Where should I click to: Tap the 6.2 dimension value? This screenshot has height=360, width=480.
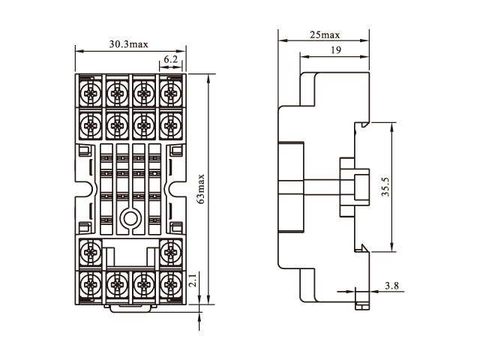tap(170, 59)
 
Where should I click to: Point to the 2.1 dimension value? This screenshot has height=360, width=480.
tap(193, 282)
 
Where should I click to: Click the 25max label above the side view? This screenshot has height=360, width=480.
tap(324, 35)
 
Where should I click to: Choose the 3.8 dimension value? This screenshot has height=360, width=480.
tap(391, 286)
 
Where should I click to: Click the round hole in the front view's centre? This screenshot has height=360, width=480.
tap(130, 219)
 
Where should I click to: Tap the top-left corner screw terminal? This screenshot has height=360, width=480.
tap(88, 93)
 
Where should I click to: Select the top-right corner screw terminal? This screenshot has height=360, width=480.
tap(172, 93)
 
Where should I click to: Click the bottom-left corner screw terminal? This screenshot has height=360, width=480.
tap(88, 283)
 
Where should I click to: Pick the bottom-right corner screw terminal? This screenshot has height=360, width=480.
tap(172, 283)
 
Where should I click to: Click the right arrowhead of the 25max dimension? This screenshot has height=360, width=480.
tap(367, 40)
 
